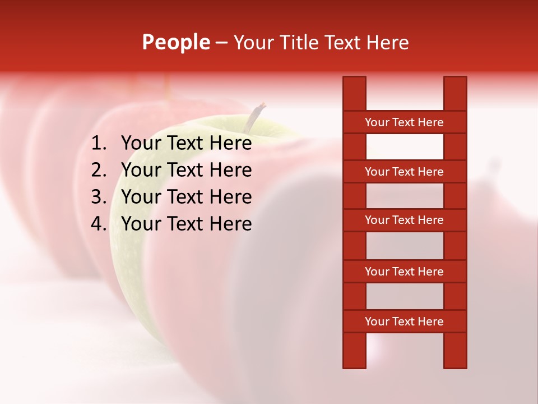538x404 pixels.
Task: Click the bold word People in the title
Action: pyautogui.click(x=176, y=42)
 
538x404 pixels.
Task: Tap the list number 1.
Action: pyautogui.click(x=99, y=144)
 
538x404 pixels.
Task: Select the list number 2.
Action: pyautogui.click(x=99, y=170)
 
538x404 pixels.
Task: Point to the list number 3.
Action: pyautogui.click(x=99, y=197)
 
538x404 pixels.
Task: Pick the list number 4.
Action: pyautogui.click(x=99, y=224)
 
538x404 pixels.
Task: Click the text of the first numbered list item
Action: pyautogui.click(x=186, y=144)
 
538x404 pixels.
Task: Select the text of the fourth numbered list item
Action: pyautogui.click(x=186, y=224)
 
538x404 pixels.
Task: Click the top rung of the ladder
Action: pyautogui.click(x=404, y=122)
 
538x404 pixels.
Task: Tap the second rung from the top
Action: pyautogui.click(x=404, y=172)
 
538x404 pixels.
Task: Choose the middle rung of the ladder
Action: pyautogui.click(x=404, y=220)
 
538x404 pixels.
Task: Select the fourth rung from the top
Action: pyautogui.click(x=404, y=272)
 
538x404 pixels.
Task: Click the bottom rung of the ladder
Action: pyautogui.click(x=404, y=322)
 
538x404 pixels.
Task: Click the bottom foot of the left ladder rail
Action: pyautogui.click(x=354, y=362)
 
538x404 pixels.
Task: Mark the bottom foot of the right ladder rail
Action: pyautogui.click(x=455, y=362)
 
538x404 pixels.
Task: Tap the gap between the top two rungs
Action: pyautogui.click(x=404, y=147)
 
